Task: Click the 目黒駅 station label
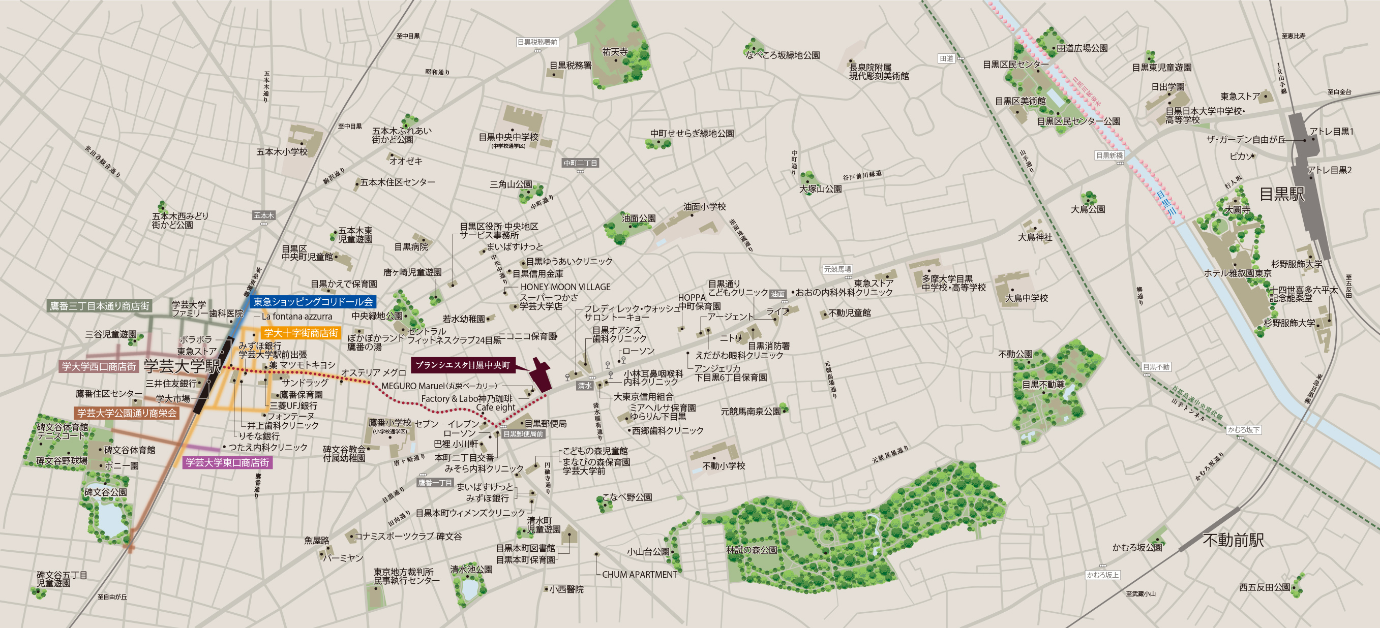1281,194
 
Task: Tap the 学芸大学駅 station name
182,366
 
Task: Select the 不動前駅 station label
1233,540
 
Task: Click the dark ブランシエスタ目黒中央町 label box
463,365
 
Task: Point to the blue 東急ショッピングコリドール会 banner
313,302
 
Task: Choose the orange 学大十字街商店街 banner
301,333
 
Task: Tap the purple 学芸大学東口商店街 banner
227,462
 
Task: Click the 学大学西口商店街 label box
99,367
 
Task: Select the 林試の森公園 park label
751,550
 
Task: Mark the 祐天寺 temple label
615,52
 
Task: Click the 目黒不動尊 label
1043,385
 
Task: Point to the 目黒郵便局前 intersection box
523,434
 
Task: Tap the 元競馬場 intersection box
837,269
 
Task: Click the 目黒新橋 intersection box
1109,155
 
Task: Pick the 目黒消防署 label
769,346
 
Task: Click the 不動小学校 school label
724,466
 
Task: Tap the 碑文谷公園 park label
106,492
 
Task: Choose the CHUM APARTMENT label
639,575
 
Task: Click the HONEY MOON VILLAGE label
565,287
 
